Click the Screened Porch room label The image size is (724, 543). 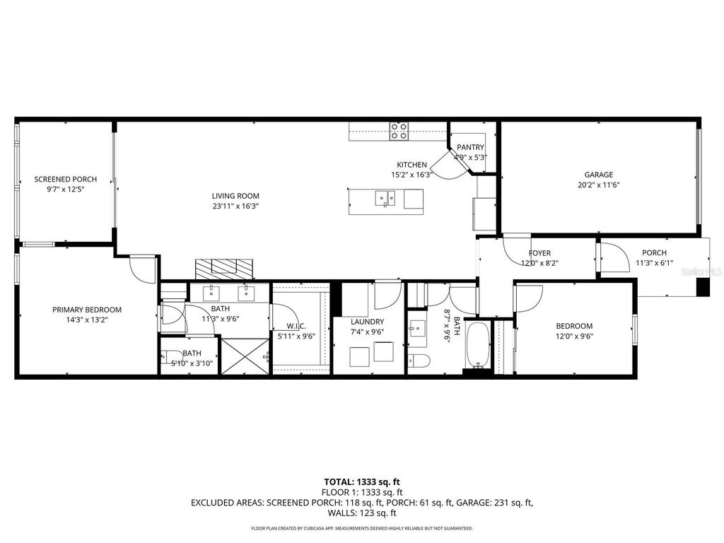tap(65, 180)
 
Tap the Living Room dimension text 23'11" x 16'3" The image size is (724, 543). tap(235, 206)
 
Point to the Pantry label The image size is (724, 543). tap(470, 147)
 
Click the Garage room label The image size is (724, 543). tap(598, 175)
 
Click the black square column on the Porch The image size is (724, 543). tap(703, 287)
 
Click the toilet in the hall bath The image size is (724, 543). tap(419, 361)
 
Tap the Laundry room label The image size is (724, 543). tap(367, 322)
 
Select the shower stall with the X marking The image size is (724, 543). tap(245, 356)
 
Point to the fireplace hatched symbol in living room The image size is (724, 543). tap(223, 268)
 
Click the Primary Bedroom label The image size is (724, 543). tap(86, 310)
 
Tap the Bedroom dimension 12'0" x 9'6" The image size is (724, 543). tap(573, 337)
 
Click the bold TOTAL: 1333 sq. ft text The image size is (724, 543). tap(361, 481)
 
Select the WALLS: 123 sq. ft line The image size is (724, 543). tap(361, 513)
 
